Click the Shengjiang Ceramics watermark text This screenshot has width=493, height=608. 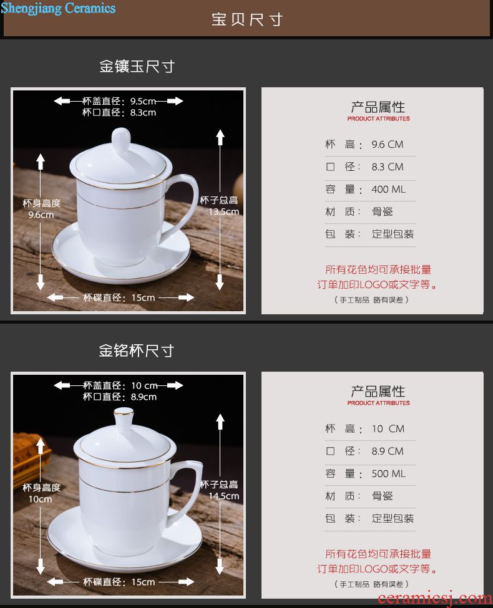(58, 8)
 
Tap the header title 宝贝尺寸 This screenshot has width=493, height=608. (247, 19)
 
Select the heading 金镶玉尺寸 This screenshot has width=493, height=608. (137, 67)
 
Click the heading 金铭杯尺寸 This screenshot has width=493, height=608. (136, 351)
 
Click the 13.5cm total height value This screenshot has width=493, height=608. (223, 212)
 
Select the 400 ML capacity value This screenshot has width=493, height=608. (388, 189)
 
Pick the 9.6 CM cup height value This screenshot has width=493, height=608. (388, 144)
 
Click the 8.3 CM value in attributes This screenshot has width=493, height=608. (388, 166)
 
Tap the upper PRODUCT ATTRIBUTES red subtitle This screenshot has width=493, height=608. (378, 118)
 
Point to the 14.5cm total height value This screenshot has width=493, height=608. (223, 496)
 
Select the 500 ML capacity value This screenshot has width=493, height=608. (389, 473)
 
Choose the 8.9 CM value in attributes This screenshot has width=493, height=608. (388, 451)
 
